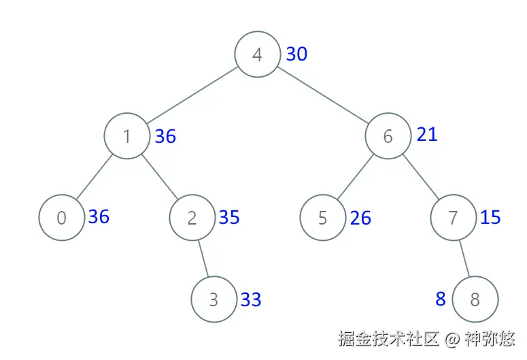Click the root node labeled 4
[257, 54]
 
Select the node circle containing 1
[126, 136]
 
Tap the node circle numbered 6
[388, 136]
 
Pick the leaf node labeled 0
[61, 218]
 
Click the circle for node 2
[192, 218]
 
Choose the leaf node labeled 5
[322, 218]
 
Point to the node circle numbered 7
[453, 218]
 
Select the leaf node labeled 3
[214, 299]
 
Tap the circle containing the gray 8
[475, 299]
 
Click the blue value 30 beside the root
[296, 54]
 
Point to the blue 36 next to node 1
[165, 137]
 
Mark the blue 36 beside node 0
[99, 217]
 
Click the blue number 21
[427, 135]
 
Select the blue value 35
[229, 217]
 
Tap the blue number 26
[360, 218]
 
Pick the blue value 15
[490, 218]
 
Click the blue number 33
[251, 299]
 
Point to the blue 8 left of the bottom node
[441, 299]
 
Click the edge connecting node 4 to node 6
[322, 95]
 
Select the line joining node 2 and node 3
[203, 259]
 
